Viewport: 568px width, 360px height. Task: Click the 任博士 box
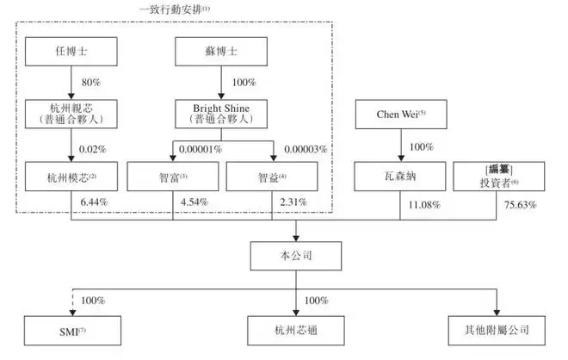pos(71,52)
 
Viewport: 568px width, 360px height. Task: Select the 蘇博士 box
pos(221,52)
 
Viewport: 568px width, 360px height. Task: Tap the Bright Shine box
pos(221,114)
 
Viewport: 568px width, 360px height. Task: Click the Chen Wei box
pos(401,115)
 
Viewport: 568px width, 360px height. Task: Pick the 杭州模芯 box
pos(71,177)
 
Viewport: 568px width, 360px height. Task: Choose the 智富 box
pos(173,177)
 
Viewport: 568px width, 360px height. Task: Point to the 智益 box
pos(272,177)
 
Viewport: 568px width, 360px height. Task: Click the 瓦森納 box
pos(400,177)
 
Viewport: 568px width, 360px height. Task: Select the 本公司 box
pos(296,256)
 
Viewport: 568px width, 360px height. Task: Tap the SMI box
pos(72,331)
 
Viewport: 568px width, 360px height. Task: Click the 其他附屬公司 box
pos(497,331)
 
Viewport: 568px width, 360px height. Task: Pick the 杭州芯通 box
pos(296,331)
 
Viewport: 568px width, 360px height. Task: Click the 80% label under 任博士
pos(91,83)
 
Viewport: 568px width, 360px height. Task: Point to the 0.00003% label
pos(306,149)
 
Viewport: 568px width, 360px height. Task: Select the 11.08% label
pos(424,205)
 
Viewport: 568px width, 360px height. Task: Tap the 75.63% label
pos(520,205)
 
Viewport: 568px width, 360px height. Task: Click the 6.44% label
pos(94,202)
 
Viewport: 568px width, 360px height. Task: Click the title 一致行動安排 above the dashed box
pos(174,9)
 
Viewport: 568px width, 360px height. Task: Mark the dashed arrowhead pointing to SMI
pos(72,313)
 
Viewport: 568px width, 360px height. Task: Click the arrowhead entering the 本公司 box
pos(296,239)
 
